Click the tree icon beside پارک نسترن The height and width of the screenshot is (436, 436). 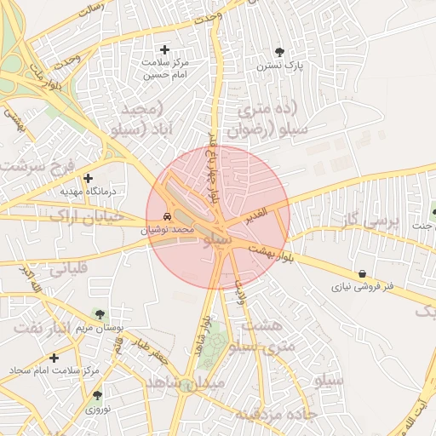(281, 52)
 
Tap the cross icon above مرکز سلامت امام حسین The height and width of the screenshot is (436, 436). (165, 50)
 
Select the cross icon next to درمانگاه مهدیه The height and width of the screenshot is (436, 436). (89, 178)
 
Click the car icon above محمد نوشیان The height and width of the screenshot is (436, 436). (167, 216)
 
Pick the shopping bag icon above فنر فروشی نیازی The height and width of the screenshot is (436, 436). (364, 274)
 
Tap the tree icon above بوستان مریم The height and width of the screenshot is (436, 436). (101, 315)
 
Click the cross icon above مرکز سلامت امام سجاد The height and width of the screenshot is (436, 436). (54, 359)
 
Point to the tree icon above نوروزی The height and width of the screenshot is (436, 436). (97, 395)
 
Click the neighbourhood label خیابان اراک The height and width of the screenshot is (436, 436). (86, 216)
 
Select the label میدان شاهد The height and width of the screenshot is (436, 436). (185, 384)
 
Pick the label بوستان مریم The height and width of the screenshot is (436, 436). (107, 328)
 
